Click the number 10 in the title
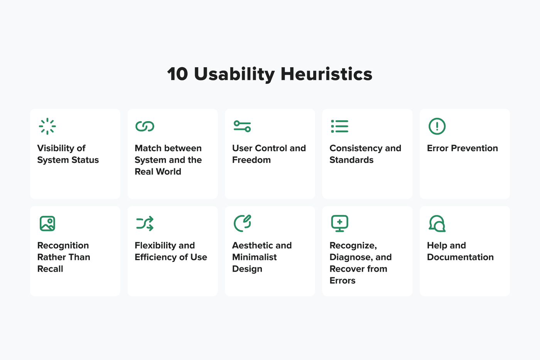177,74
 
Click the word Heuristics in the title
326,74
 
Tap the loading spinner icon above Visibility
47,126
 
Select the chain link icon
145,126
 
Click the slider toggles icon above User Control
242,126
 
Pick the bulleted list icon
340,126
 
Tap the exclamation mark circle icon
437,126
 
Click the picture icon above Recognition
47,223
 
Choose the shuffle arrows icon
145,223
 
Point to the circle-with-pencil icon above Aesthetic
242,223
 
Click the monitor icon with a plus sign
340,223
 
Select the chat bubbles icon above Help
437,223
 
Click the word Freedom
251,160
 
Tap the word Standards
351,160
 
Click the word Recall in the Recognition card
50,269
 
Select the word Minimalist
255,257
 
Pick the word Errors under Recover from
343,281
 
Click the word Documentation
460,257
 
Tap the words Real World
158,172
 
